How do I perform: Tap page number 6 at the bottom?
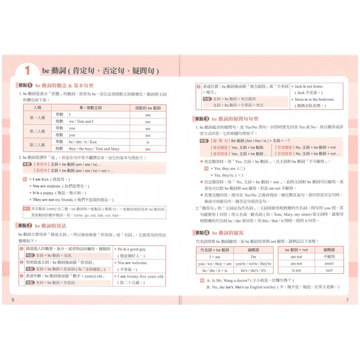click(13, 300)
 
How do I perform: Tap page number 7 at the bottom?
click(347, 300)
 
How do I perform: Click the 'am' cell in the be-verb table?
click(148, 115)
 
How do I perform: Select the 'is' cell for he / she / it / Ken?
click(148, 142)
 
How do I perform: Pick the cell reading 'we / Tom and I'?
click(81, 122)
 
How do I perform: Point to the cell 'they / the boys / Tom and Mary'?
click(94, 149)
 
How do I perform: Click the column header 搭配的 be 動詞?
click(148, 108)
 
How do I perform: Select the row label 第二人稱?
click(37, 131)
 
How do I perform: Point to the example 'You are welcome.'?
click(132, 263)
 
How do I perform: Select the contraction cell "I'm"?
click(253, 257)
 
